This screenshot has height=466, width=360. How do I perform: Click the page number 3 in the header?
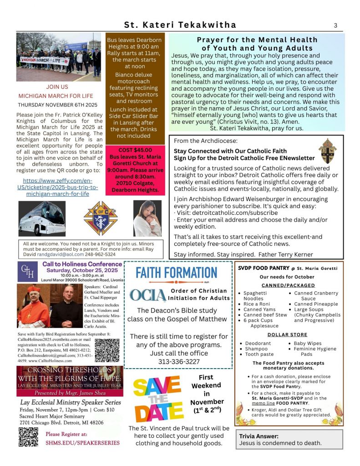[x=335, y=25]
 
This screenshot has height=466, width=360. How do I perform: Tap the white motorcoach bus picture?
[x=42, y=218]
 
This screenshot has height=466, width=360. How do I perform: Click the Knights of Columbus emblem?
[x=101, y=218]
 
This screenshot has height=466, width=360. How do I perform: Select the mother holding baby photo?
[x=147, y=218]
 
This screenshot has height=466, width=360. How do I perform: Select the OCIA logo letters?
[x=147, y=295]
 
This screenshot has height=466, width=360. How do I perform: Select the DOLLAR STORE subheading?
[x=287, y=335]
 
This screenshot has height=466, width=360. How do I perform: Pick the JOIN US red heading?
[x=57, y=86]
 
